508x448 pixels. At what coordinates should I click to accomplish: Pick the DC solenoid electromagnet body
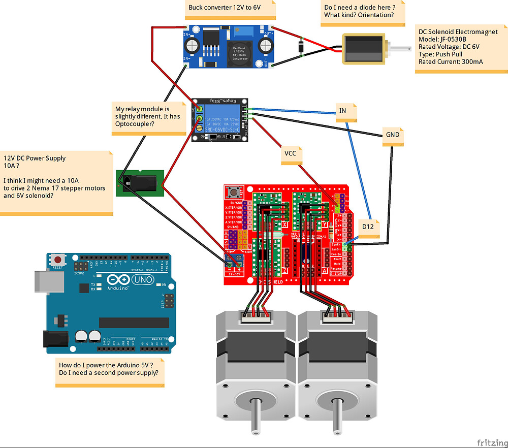(x=363, y=49)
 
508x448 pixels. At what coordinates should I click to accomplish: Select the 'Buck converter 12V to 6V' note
(x=224, y=8)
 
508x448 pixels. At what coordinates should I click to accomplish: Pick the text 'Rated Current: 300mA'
(x=450, y=62)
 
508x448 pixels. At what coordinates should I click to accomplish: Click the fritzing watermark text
(x=488, y=441)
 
